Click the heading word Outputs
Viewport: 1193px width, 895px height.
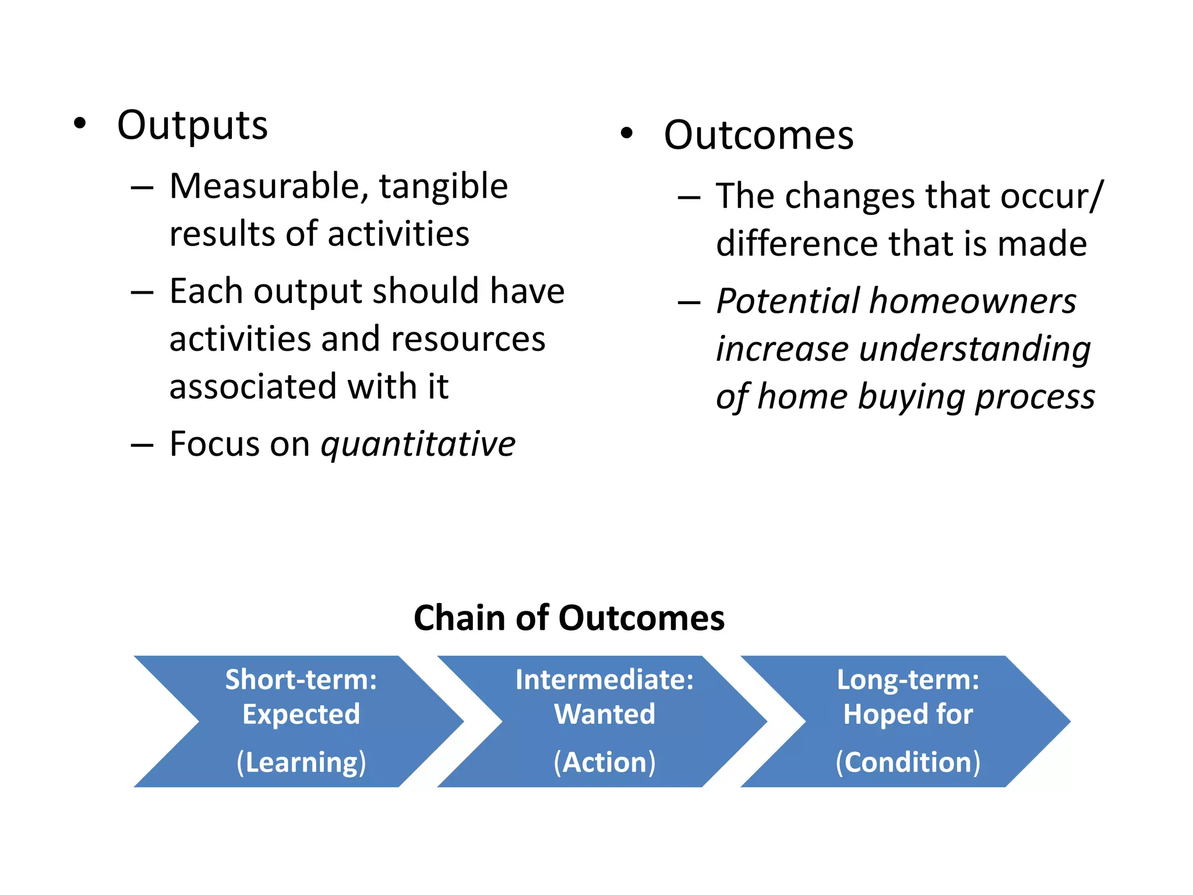(x=192, y=126)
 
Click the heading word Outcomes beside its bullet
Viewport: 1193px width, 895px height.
(x=758, y=136)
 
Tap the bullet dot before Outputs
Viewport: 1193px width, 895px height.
(x=80, y=124)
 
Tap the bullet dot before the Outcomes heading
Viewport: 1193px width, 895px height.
(x=626, y=133)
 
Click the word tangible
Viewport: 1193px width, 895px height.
(x=443, y=186)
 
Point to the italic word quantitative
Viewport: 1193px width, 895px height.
(x=418, y=445)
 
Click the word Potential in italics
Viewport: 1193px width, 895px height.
(x=788, y=302)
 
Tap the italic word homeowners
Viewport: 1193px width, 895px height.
(x=973, y=302)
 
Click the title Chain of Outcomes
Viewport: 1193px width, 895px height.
(x=569, y=618)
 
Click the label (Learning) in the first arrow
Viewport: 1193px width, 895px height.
(x=301, y=762)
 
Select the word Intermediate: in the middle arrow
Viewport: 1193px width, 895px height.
(x=604, y=680)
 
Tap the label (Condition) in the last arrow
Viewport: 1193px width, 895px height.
(x=908, y=762)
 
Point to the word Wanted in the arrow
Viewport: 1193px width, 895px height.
(x=604, y=714)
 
